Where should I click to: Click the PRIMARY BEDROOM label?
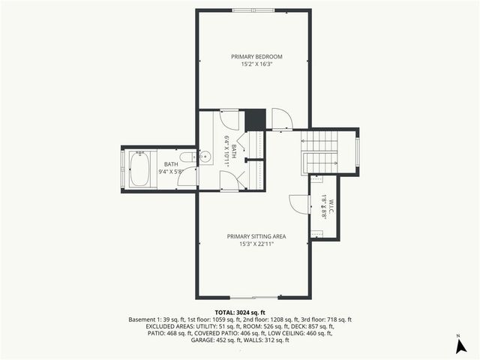click(256, 56)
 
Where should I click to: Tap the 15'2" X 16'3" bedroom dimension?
click(256, 64)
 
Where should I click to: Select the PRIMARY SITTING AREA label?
click(256, 236)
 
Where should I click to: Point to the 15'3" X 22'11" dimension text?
click(256, 244)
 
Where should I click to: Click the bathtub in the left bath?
click(139, 169)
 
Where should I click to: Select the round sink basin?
click(205, 157)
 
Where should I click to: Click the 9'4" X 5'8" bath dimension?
click(172, 172)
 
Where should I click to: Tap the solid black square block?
click(256, 119)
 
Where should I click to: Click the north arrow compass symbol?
click(458, 346)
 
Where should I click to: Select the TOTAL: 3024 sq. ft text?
click(240, 312)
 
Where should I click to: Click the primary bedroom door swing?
click(281, 118)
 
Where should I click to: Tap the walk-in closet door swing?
click(298, 204)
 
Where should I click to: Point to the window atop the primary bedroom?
click(253, 10)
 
